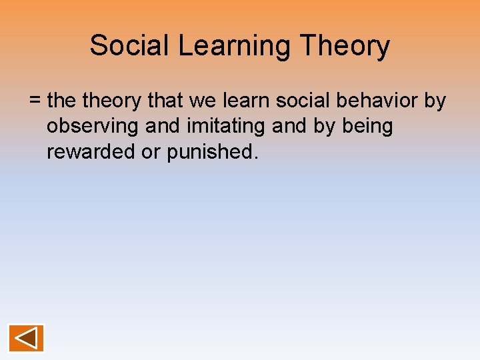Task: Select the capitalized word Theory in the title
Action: [x=345, y=46]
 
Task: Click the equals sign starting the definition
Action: [x=35, y=101]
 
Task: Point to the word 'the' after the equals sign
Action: [x=63, y=101]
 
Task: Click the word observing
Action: [x=90, y=127]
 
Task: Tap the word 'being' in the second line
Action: [x=368, y=127]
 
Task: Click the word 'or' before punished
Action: [x=151, y=152]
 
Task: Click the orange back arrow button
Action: [x=26, y=338]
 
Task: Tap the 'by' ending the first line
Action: [x=435, y=101]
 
